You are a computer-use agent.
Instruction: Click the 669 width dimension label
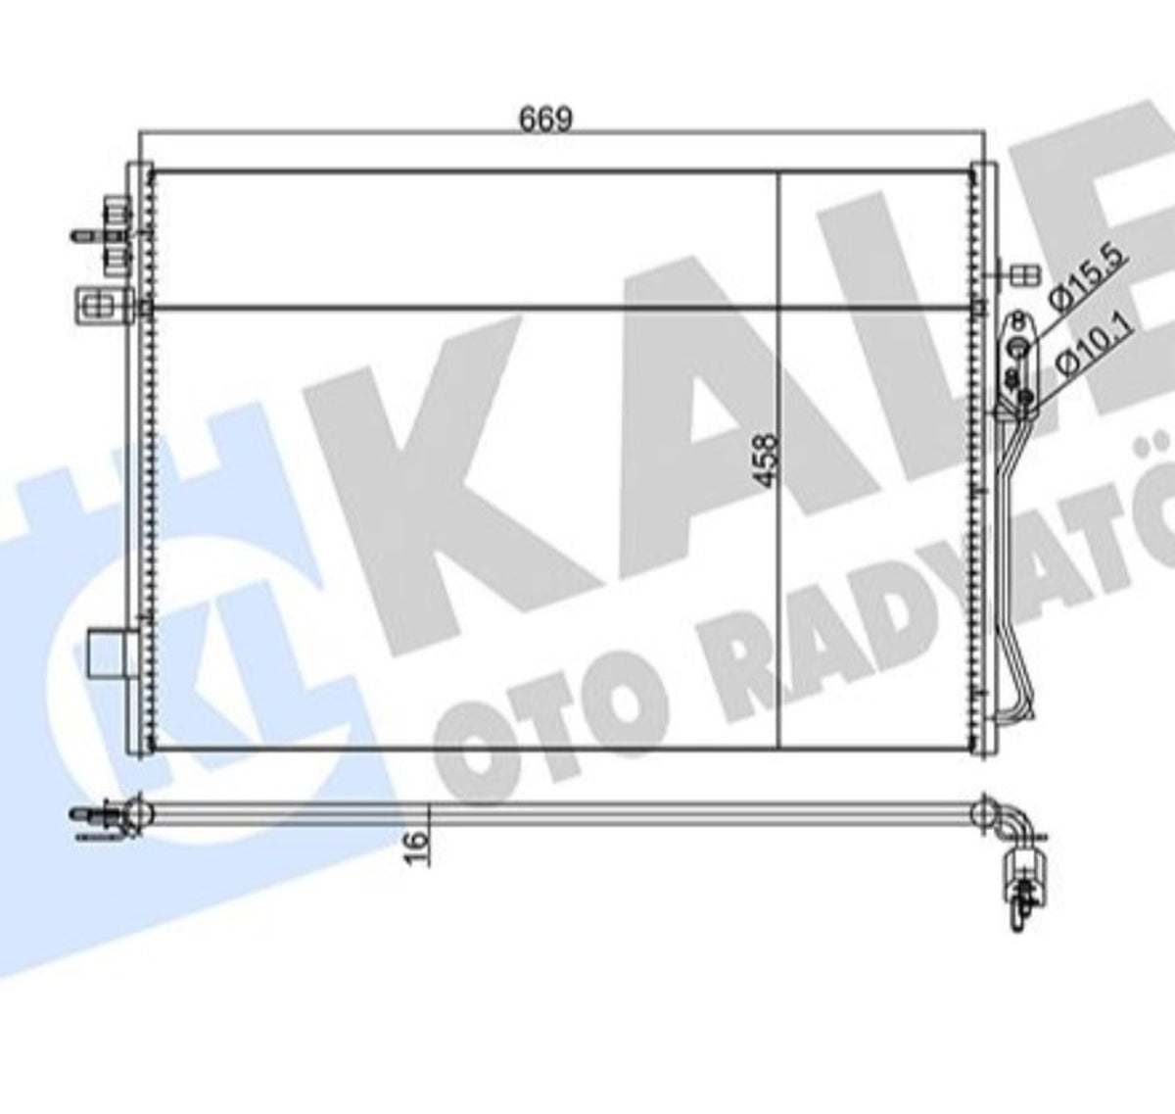click(545, 120)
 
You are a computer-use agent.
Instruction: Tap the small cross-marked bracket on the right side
click(1024, 275)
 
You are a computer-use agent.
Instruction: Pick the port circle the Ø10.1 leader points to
click(1025, 396)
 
